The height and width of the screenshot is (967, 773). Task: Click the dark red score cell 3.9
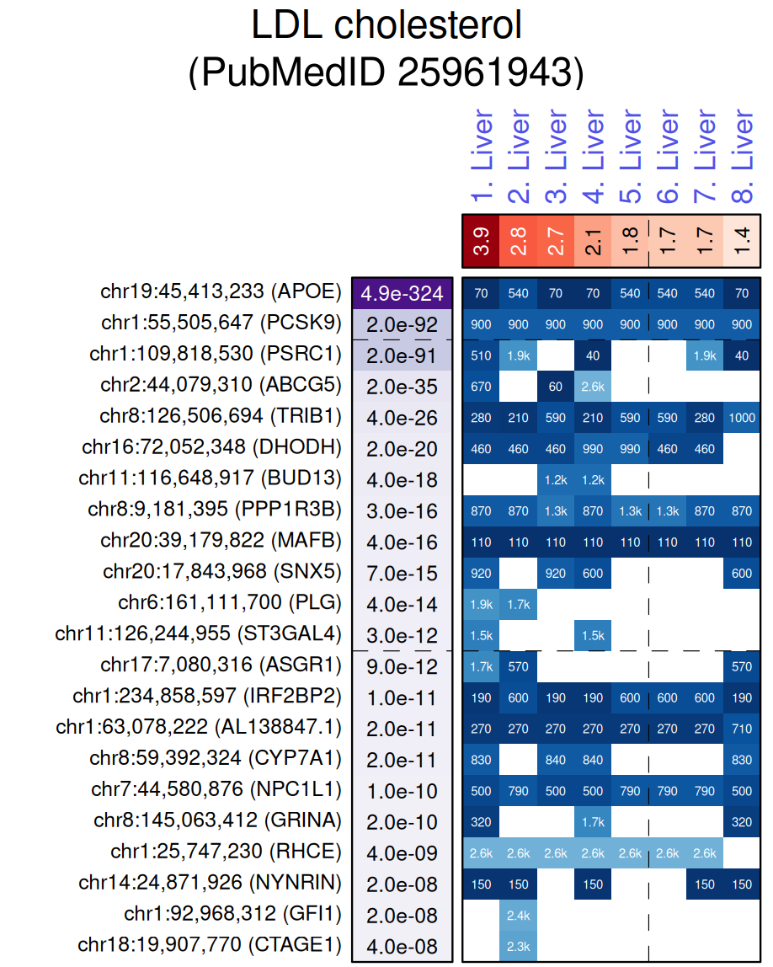click(482, 241)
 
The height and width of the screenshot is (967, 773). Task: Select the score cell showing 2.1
click(593, 241)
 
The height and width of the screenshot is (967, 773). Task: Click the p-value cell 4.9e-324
click(402, 293)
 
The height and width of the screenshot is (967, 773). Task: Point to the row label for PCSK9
click(221, 324)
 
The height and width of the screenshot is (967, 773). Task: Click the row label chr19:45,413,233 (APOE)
click(221, 293)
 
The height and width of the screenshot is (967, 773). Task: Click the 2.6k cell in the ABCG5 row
click(593, 387)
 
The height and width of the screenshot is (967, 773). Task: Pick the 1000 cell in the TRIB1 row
click(742, 418)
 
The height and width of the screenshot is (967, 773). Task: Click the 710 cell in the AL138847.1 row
click(742, 729)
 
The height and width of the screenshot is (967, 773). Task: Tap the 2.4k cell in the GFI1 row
click(519, 915)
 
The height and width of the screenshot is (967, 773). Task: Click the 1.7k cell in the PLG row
click(519, 605)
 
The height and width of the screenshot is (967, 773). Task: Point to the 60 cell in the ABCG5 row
click(556, 387)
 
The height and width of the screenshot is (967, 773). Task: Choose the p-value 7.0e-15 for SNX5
click(402, 574)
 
